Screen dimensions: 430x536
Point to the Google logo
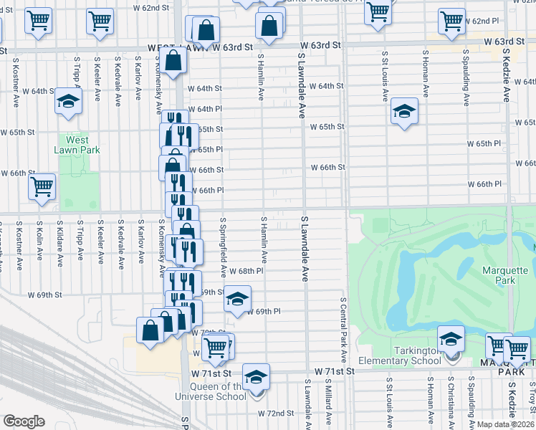[24, 421]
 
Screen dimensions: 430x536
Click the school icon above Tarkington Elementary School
[451, 338]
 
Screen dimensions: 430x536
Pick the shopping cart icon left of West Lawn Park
[42, 186]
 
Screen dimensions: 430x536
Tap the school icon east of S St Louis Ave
[404, 111]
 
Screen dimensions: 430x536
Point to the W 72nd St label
[277, 414]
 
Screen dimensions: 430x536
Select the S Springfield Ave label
[224, 248]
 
